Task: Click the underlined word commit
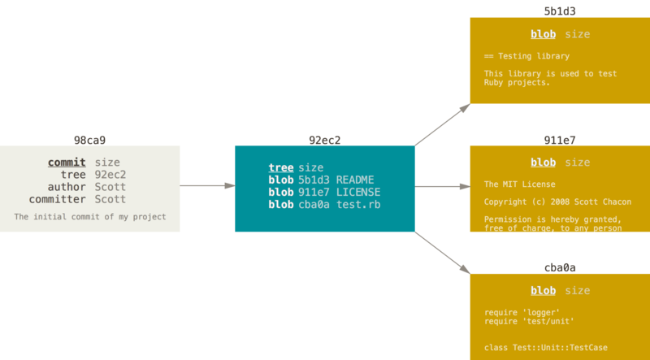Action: pyautogui.click(x=67, y=163)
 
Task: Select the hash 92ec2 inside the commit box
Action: pyautogui.click(x=110, y=175)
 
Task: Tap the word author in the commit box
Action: pyautogui.click(x=66, y=187)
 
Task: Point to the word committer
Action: pyautogui.click(x=58, y=199)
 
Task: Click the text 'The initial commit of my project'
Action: pyautogui.click(x=89, y=217)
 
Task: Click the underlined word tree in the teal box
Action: pyautogui.click(x=281, y=167)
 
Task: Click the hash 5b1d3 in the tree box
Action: pyautogui.click(x=313, y=180)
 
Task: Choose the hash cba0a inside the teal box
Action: pyautogui.click(x=313, y=204)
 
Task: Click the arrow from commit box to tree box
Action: pyautogui.click(x=207, y=186)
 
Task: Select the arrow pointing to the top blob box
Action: pyautogui.click(x=443, y=125)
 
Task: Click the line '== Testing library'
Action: pyautogui.click(x=526, y=56)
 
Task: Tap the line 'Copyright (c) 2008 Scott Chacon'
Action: pyautogui.click(x=557, y=202)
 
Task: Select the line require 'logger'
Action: pyautogui.click(x=522, y=312)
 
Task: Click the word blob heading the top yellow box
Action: pyautogui.click(x=544, y=34)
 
